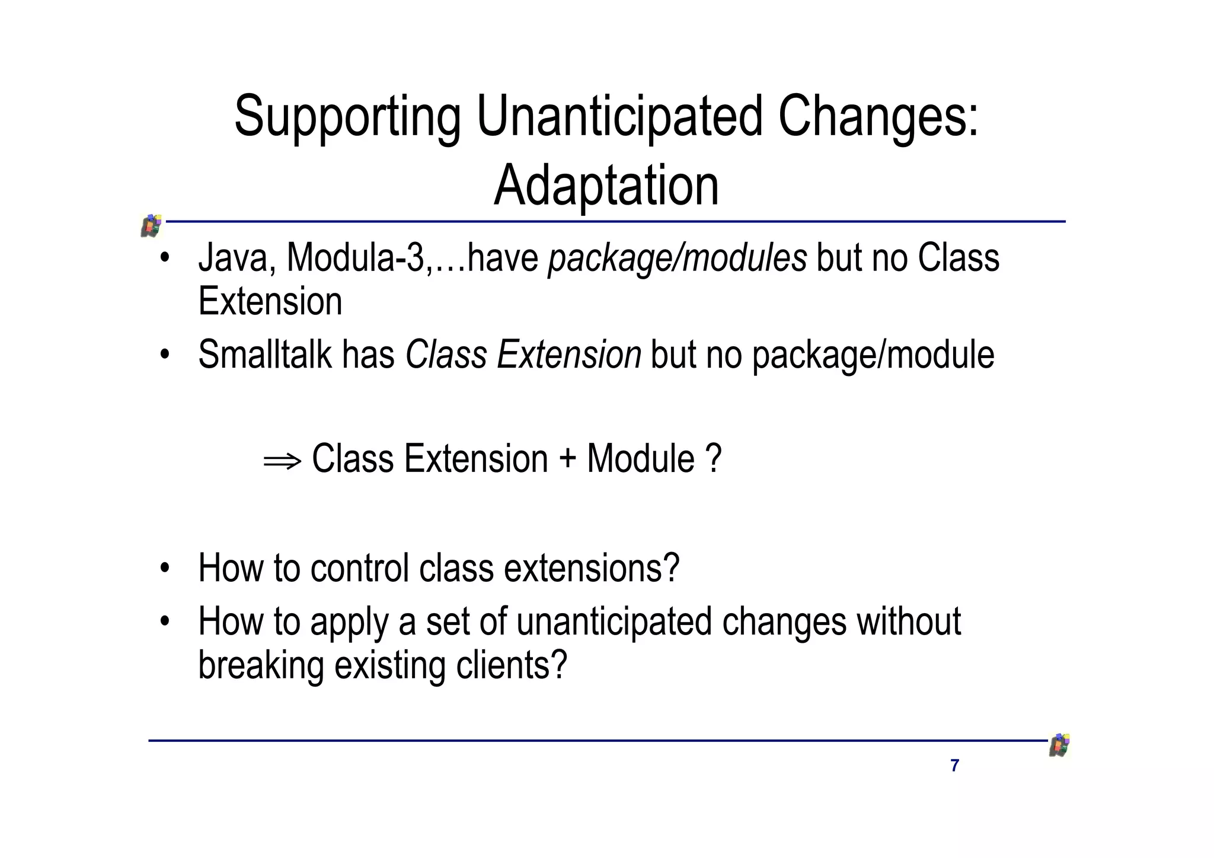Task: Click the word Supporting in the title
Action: tap(347, 117)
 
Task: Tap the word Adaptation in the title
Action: tap(606, 186)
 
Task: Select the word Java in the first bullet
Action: tap(232, 259)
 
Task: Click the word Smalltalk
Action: tap(264, 355)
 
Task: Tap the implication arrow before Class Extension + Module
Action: tap(282, 461)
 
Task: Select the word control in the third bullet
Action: tap(360, 568)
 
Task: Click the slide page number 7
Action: tap(954, 765)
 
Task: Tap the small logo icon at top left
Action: tap(152, 226)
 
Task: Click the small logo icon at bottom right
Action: tap(1059, 745)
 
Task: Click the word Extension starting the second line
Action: tap(270, 301)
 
